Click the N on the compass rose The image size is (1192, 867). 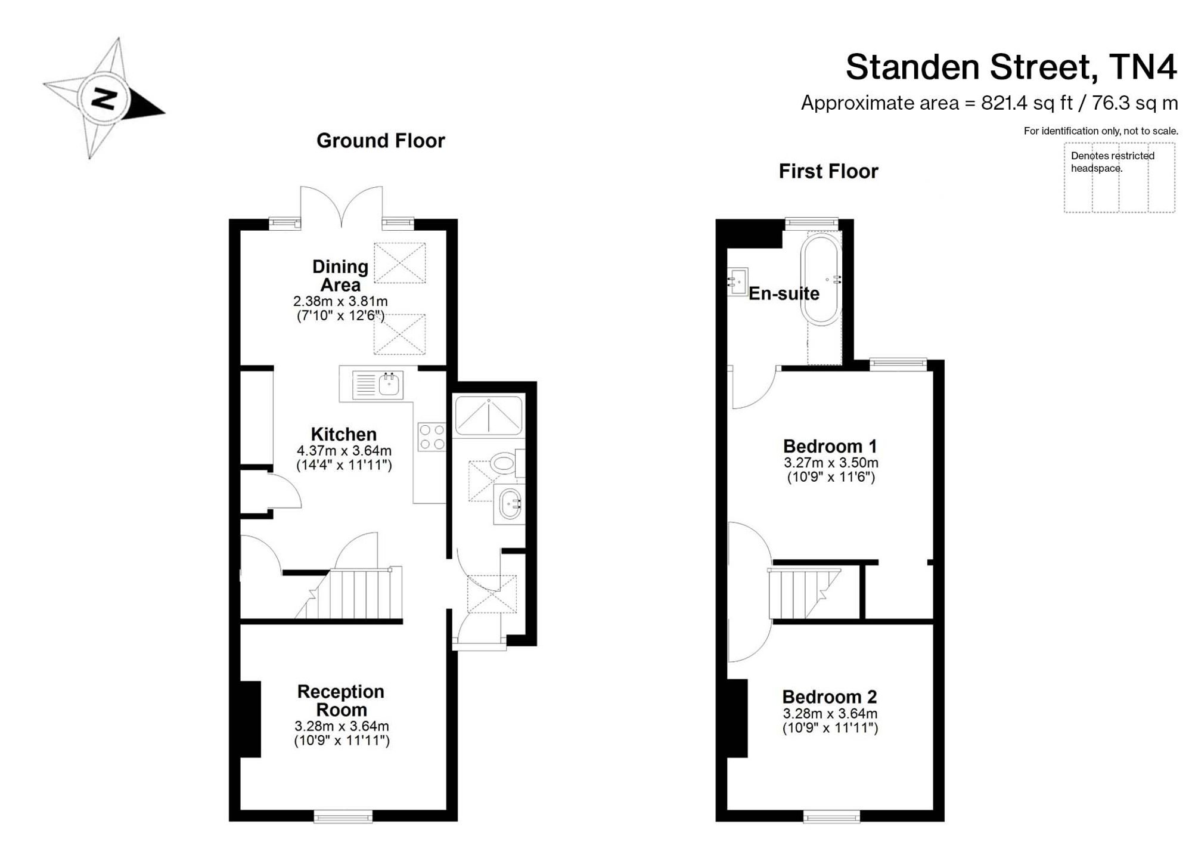[104, 98]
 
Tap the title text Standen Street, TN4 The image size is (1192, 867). [1011, 66]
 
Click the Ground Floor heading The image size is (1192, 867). [381, 141]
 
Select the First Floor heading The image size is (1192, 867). [828, 172]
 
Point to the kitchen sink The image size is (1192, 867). [378, 385]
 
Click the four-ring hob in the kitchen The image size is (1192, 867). [432, 436]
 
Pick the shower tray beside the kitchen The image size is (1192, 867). [489, 415]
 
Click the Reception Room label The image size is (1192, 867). [341, 701]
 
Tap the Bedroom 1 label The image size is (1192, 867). [830, 446]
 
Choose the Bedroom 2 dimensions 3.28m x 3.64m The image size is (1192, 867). [830, 714]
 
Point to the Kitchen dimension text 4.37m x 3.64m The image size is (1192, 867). [344, 451]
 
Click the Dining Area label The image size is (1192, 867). [340, 275]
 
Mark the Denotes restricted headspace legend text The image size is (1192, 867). [1113, 162]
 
